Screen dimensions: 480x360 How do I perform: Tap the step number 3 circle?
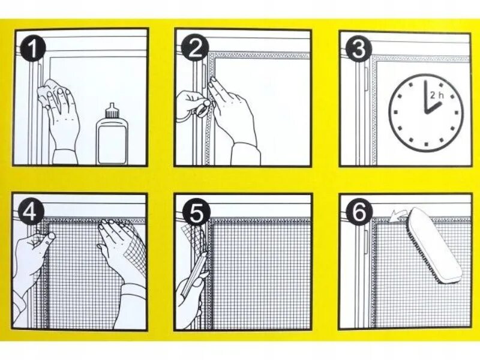pos(359,49)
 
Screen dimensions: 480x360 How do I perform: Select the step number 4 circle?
pos(31,212)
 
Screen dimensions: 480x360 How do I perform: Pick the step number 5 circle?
pos(196,212)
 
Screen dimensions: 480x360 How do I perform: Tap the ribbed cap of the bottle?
pos(112,111)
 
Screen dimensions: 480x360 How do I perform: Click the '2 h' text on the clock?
pos(437,95)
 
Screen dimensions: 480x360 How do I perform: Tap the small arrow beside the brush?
pos(397,216)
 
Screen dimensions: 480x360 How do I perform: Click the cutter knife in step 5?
pos(194,274)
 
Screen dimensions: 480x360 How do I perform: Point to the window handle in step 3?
pos(367,80)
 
